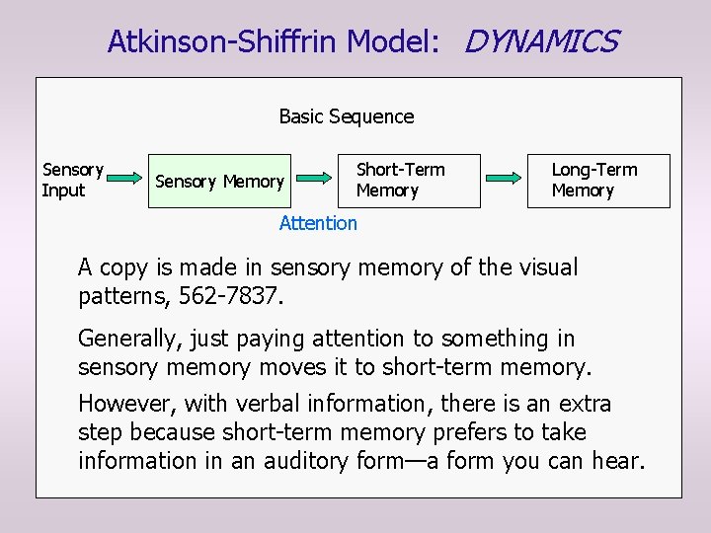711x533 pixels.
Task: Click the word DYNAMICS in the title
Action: click(541, 41)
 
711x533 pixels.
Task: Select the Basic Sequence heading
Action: click(347, 116)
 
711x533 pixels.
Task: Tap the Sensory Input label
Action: click(71, 180)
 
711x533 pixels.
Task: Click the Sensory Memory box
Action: click(219, 181)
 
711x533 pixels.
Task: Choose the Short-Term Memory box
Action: click(410, 180)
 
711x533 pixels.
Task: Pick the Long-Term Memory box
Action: click(595, 180)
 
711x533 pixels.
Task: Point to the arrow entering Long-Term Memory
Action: click(504, 179)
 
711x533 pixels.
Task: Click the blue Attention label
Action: click(318, 223)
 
